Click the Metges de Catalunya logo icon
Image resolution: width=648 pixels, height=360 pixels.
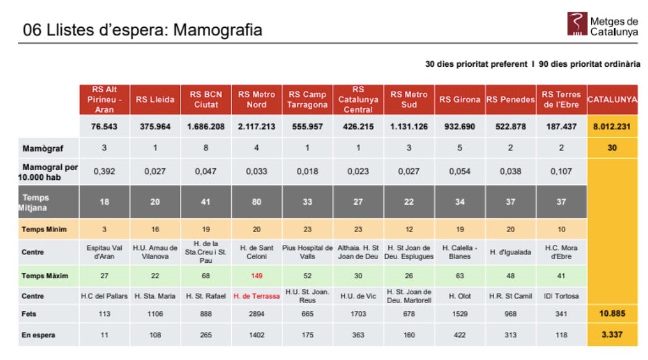click(x=576, y=24)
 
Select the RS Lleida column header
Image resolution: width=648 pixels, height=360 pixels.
click(x=155, y=100)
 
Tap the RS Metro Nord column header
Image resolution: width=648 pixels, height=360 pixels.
click(x=257, y=100)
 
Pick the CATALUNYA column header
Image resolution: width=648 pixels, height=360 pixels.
click(x=612, y=100)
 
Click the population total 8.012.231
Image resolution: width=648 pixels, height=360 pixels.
click(x=612, y=126)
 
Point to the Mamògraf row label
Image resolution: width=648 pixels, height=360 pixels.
click(x=43, y=148)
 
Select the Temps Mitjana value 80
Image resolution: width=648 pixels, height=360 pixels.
click(x=257, y=202)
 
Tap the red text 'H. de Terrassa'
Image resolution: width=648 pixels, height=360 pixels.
click(x=257, y=296)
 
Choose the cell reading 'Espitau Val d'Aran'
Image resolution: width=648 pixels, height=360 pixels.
click(x=104, y=252)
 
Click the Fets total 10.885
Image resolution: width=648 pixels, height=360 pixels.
click(x=612, y=314)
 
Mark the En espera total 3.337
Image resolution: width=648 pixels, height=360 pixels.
click(x=612, y=335)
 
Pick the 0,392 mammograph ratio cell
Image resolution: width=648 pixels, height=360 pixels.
click(x=104, y=171)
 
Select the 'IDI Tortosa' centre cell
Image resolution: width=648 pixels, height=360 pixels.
click(x=561, y=296)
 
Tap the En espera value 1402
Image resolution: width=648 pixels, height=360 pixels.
click(x=257, y=335)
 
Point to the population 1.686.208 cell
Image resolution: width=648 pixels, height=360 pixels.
click(x=206, y=126)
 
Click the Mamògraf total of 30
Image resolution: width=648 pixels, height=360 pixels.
click(x=612, y=148)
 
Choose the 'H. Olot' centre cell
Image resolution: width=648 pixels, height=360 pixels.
click(x=459, y=296)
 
